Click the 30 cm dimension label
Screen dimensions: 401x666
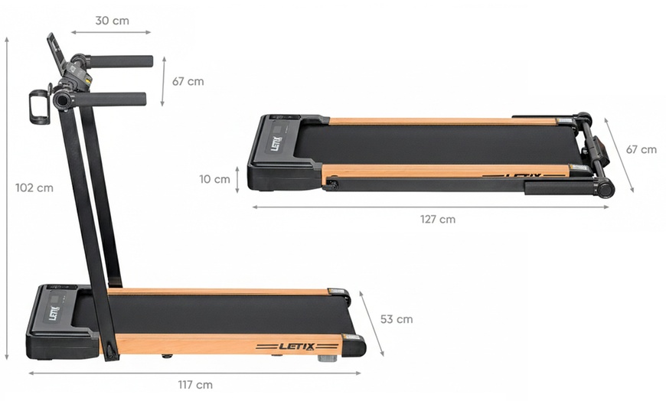click(x=112, y=21)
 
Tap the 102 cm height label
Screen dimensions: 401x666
click(x=34, y=187)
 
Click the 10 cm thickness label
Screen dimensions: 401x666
click(x=214, y=179)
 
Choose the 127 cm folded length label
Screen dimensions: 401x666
click(x=437, y=219)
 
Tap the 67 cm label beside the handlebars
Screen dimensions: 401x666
click(x=188, y=81)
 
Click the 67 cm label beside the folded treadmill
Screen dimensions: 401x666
click(x=641, y=149)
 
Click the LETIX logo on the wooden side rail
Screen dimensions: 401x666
click(x=296, y=347)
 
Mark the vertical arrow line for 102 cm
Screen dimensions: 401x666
click(x=7, y=199)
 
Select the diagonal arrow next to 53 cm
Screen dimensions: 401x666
click(x=371, y=323)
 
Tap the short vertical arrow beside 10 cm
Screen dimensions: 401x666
click(x=238, y=179)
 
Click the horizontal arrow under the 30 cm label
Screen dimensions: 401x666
click(x=111, y=33)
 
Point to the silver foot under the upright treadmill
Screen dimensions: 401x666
click(x=327, y=357)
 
